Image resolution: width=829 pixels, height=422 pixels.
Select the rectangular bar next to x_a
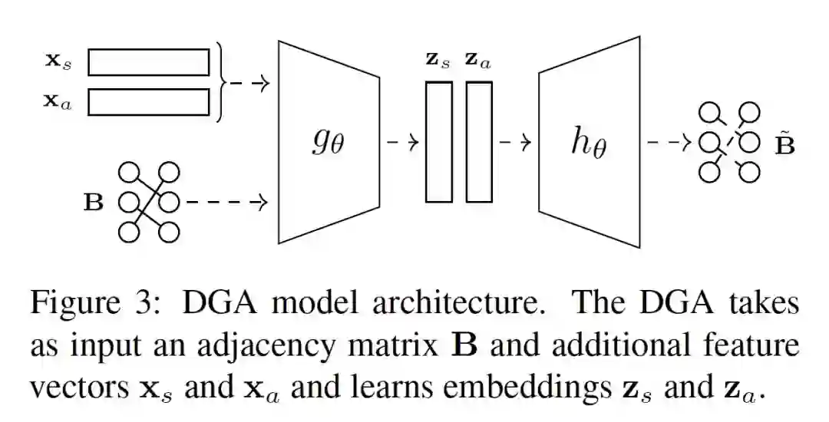[148, 102]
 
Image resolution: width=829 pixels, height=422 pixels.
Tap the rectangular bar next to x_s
[148, 62]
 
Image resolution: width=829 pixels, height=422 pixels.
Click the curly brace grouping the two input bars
[221, 82]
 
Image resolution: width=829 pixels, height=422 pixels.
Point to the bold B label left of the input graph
[93, 203]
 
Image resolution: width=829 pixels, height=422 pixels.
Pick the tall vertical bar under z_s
[439, 142]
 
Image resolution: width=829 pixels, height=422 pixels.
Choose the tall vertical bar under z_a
[479, 142]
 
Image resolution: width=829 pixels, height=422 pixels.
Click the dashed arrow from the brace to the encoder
[249, 83]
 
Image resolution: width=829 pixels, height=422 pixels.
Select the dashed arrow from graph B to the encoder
[226, 203]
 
